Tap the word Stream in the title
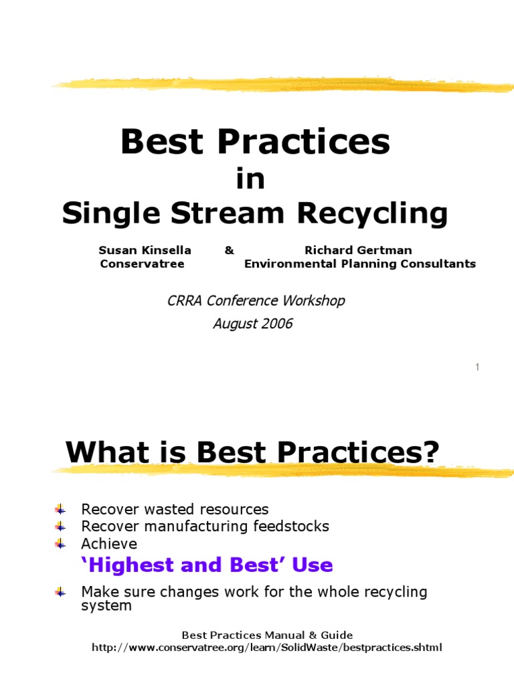[x=228, y=213]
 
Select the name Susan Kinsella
[x=145, y=250]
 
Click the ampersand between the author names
[x=230, y=250]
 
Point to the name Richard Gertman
[x=359, y=250]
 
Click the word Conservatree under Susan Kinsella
[x=142, y=264]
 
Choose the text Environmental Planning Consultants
[x=360, y=264]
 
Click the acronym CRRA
[x=185, y=300]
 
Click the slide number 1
[x=477, y=367]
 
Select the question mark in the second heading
[x=431, y=452]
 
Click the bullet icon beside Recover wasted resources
[x=60, y=509]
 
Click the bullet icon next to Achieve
[x=60, y=544]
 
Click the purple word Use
[x=313, y=565]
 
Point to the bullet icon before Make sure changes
[x=60, y=593]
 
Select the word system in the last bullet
[x=106, y=606]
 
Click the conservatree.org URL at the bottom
[x=266, y=648]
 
